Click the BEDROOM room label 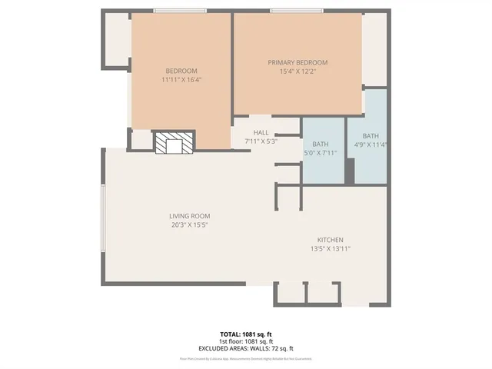click(182, 71)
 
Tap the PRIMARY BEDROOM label click(298, 62)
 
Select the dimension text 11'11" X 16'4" click(182, 79)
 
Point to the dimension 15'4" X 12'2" click(298, 71)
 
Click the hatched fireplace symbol click(173, 142)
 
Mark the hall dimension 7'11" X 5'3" click(261, 141)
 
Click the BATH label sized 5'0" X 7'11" click(321, 144)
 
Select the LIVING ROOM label click(189, 216)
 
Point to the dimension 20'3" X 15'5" click(189, 224)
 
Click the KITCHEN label click(331, 240)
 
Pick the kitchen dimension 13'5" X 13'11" click(331, 248)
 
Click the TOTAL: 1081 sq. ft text click(247, 334)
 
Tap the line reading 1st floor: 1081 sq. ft click(247, 341)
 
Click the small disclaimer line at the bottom click(247, 358)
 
